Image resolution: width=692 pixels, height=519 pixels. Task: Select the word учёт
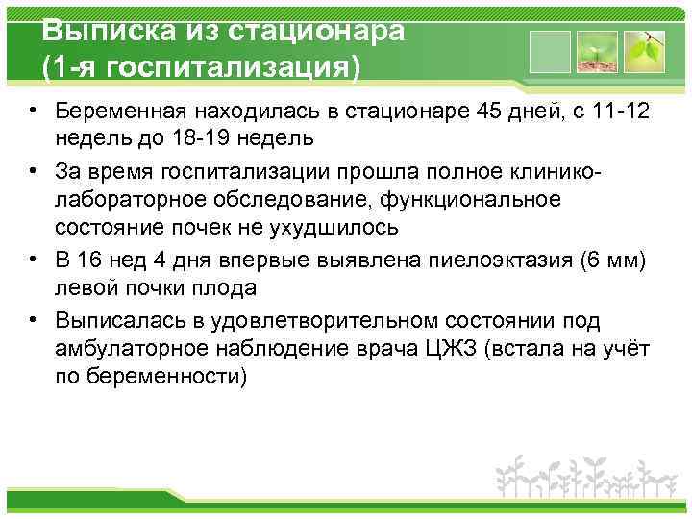[x=623, y=348]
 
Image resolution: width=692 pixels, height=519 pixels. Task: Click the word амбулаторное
[x=126, y=348]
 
